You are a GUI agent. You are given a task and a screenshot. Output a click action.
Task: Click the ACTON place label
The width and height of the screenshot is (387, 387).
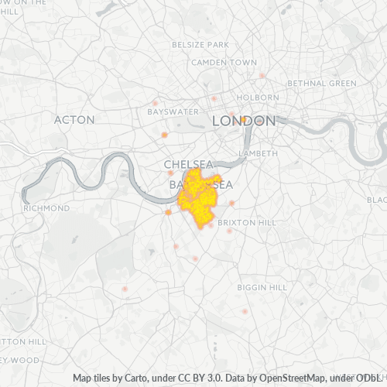coord(74,120)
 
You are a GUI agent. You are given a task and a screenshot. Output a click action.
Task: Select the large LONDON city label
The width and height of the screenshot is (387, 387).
coord(244,122)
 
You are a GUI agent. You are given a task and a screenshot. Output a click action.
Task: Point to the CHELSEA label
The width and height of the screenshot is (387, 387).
coord(189,165)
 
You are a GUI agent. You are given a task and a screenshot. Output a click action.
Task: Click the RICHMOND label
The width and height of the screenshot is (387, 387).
coord(46,208)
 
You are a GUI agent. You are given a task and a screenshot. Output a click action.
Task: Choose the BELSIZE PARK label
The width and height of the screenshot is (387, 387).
coord(200,45)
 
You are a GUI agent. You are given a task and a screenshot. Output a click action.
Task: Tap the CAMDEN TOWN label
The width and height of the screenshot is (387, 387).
coord(224,62)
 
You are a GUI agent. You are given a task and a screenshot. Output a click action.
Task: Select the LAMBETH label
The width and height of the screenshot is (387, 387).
coord(258,154)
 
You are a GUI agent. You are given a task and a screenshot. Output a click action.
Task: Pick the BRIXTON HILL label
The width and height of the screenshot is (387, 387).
coord(246,222)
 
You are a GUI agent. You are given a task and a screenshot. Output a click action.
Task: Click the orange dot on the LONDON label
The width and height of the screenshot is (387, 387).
coord(243,119)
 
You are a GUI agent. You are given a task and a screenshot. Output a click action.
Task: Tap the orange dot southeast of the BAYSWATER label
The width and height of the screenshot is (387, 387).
coord(164,135)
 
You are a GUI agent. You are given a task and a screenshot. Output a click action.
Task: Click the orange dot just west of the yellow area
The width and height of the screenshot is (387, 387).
coord(168,212)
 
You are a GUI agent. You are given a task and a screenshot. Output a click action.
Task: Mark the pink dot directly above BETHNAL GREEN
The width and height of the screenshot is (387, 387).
coord(262,75)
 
